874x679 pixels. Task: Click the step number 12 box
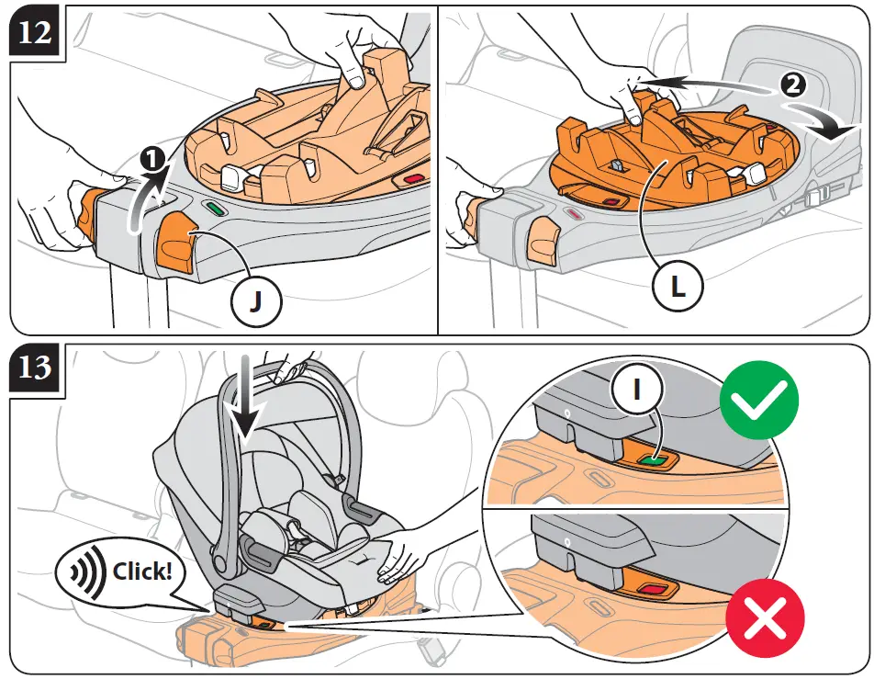coord(33,34)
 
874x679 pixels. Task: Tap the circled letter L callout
coord(677,287)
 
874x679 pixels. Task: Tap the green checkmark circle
coord(759,402)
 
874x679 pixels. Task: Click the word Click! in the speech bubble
coord(141,571)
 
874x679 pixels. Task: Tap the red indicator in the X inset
coord(654,589)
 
